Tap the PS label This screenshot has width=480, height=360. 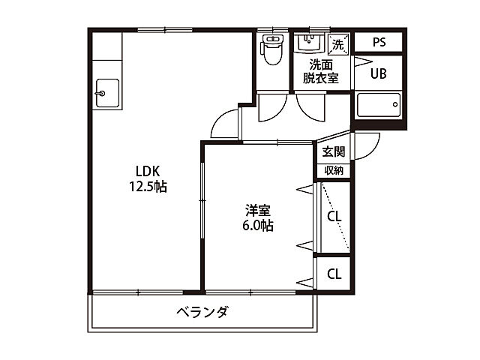coord(379,42)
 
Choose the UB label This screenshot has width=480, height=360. coord(379,73)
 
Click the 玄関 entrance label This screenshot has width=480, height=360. coord(333,151)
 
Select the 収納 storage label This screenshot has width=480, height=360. coord(334,170)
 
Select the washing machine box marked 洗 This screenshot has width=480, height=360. coord(337,44)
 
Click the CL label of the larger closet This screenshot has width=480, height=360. coord(334,217)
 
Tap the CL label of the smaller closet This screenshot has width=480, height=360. coord(334,273)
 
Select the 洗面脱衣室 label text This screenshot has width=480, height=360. coord(320,70)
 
